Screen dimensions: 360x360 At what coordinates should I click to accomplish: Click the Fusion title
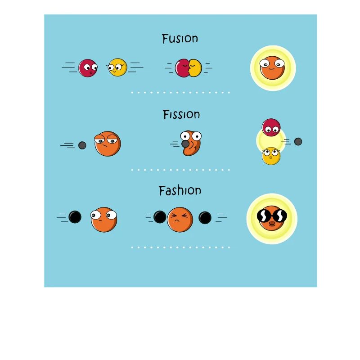(180, 39)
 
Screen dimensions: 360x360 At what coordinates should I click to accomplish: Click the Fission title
(181, 114)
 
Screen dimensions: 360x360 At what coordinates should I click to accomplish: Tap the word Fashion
(180, 190)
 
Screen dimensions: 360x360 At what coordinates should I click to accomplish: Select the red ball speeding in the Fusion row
(88, 68)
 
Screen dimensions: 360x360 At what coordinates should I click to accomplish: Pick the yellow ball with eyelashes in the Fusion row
(117, 67)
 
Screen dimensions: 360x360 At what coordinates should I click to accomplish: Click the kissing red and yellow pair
(188, 68)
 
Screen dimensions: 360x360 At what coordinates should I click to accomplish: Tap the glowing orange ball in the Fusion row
(272, 68)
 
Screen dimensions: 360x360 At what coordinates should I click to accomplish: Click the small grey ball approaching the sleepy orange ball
(82, 145)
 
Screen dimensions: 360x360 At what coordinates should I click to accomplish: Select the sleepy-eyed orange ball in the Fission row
(108, 144)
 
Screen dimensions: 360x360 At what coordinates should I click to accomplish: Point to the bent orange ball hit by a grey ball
(191, 143)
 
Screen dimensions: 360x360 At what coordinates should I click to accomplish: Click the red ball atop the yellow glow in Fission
(271, 127)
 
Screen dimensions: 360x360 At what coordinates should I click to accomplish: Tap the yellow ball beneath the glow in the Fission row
(271, 156)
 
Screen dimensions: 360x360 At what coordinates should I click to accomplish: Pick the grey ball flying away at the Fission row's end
(298, 142)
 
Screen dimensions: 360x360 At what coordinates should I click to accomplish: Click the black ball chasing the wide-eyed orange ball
(75, 217)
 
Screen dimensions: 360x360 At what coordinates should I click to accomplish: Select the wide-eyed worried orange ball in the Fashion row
(104, 220)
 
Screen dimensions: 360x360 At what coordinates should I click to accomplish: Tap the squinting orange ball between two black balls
(180, 220)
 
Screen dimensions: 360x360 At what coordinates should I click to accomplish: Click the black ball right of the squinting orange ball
(205, 218)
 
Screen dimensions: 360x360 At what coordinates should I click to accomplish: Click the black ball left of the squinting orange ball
(160, 217)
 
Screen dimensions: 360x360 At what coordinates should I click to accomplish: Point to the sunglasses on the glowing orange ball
(272, 216)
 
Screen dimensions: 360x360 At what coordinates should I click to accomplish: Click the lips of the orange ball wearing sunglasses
(272, 224)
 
